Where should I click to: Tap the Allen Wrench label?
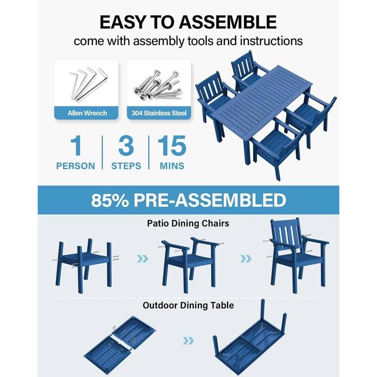point(87,113)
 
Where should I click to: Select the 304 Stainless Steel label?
point(159,113)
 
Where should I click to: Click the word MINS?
point(172,166)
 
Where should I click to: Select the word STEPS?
point(126,166)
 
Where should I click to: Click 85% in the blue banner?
point(110,200)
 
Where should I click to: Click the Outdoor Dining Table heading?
point(188,305)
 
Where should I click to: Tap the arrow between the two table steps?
point(188,340)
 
